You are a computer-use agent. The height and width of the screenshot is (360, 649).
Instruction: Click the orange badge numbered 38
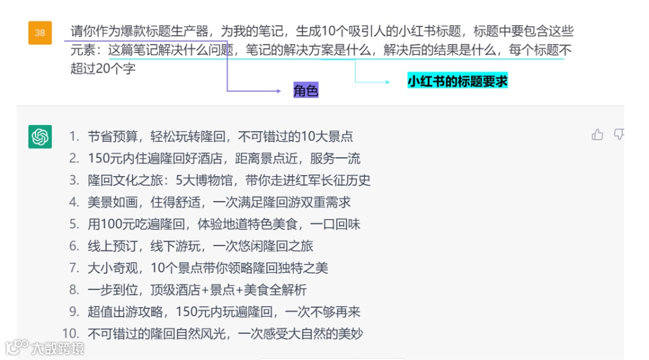pos(40,32)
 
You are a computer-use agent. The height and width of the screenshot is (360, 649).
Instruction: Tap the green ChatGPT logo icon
pos(40,136)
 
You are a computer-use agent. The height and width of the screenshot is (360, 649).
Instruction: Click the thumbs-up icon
pos(597,135)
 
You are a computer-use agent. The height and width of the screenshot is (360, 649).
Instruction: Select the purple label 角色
pos(305,91)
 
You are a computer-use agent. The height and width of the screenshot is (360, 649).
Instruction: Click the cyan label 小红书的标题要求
pos(457,81)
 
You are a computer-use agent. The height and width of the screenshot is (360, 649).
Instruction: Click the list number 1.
pos(74,136)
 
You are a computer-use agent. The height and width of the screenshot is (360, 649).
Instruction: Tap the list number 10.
pos(70,333)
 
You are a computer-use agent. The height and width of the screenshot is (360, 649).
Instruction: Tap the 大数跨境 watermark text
pos(58,348)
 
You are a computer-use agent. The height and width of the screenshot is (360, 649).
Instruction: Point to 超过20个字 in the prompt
pos(103,68)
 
